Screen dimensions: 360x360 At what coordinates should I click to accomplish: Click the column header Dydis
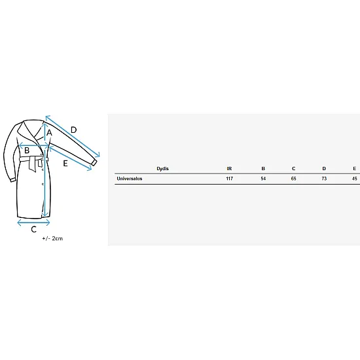tap(162, 169)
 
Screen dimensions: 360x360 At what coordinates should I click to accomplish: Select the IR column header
tap(229, 168)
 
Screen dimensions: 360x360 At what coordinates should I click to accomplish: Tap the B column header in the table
tap(263, 168)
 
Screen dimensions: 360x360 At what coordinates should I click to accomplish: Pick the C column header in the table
tap(293, 168)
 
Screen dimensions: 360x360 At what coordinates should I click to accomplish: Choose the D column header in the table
tap(324, 168)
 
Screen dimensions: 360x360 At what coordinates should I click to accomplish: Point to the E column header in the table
tap(355, 168)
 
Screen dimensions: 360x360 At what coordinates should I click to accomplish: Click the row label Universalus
tap(130, 179)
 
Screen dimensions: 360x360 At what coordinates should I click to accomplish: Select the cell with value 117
tap(229, 179)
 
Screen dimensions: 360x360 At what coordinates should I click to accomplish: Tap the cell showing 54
tap(263, 179)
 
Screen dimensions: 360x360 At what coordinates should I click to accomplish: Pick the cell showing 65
tap(293, 179)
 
